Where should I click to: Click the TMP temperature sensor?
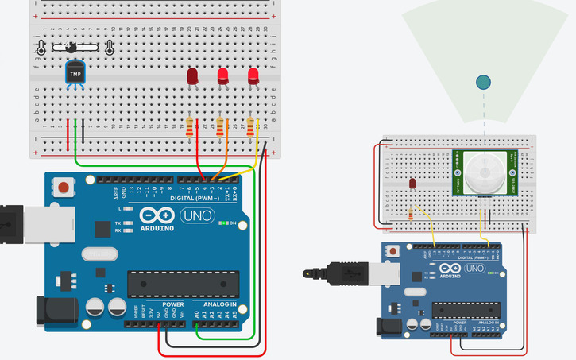pos(75,75)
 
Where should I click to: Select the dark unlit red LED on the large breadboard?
pos(192,76)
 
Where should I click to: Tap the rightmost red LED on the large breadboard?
pos(253,75)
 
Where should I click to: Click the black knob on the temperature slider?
pos(73,47)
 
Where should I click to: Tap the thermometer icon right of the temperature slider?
pos(109,48)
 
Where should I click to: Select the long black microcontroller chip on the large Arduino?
pos(183,282)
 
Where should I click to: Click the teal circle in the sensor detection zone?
pos(483,81)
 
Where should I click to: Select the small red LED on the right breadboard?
pos(412,184)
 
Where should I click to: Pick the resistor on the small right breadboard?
pos(411,213)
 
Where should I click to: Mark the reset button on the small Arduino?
pos(392,251)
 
